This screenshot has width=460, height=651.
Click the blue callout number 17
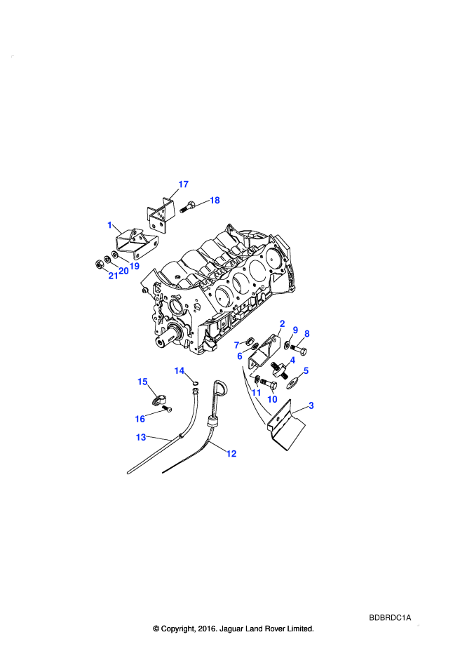pyautogui.click(x=183, y=184)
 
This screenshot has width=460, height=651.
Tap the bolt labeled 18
pyautogui.click(x=188, y=206)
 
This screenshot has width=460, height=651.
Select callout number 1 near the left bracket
pyautogui.click(x=109, y=225)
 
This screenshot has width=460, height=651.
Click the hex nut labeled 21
pyautogui.click(x=100, y=264)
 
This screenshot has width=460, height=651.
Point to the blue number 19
pyautogui.click(x=134, y=266)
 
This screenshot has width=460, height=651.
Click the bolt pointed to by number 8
pyautogui.click(x=299, y=349)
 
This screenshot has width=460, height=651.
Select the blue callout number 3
pyautogui.click(x=311, y=405)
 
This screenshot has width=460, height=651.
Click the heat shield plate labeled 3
pyautogui.click(x=287, y=426)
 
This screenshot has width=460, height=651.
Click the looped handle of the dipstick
pyautogui.click(x=220, y=389)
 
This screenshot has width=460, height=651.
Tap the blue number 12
pyautogui.click(x=231, y=454)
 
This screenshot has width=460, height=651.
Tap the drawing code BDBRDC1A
pyautogui.click(x=390, y=618)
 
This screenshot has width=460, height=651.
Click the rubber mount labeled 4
pyautogui.click(x=279, y=369)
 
